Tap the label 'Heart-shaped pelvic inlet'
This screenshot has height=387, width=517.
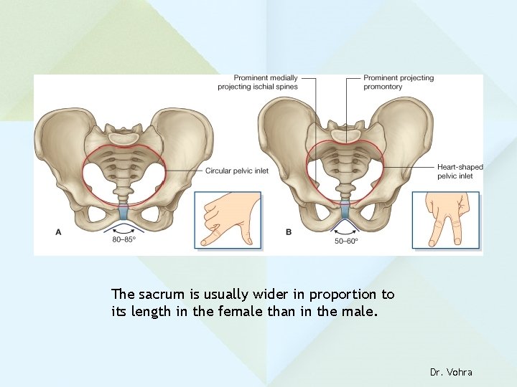(x=460, y=171)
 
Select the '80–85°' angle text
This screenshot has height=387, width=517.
(x=124, y=240)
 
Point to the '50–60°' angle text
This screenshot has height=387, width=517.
(x=345, y=241)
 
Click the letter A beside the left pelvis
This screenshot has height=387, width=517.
(x=58, y=231)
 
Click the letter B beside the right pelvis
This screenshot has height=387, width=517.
(x=288, y=231)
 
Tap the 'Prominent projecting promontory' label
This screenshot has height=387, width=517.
(x=398, y=82)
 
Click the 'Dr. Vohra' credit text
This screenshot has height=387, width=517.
(x=451, y=372)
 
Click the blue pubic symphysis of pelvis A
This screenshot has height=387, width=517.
(x=124, y=212)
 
